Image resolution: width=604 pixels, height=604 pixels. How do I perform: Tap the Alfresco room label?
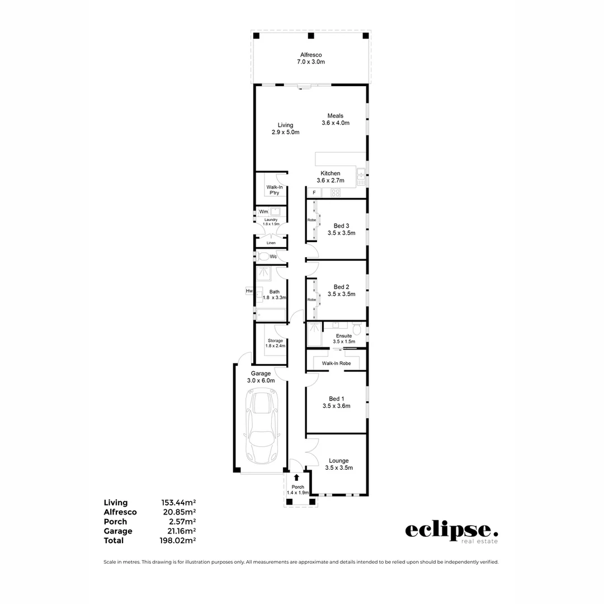point(310,55)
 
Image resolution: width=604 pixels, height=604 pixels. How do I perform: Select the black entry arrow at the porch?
point(296,478)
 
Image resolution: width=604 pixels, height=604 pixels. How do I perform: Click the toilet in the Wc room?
point(263,257)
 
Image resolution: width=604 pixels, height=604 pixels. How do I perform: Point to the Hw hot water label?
point(249,291)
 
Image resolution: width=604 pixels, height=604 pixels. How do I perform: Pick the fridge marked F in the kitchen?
point(314,193)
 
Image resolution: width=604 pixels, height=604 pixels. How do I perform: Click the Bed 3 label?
point(341,226)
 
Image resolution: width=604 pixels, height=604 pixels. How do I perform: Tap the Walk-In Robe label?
point(336,363)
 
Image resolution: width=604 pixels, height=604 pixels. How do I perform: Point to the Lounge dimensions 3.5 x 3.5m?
point(339,468)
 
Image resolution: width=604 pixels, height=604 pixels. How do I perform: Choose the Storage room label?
point(275,340)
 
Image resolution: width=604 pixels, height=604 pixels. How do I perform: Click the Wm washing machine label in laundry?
point(263,212)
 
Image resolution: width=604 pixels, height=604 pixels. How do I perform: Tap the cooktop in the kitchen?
point(336,193)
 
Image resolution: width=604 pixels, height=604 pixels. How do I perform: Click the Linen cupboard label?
point(271,243)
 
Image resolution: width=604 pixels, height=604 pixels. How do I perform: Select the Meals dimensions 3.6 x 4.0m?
point(335,123)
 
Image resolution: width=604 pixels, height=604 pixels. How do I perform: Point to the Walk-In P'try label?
point(274,190)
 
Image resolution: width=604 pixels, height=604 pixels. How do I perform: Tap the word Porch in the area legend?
point(115,521)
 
